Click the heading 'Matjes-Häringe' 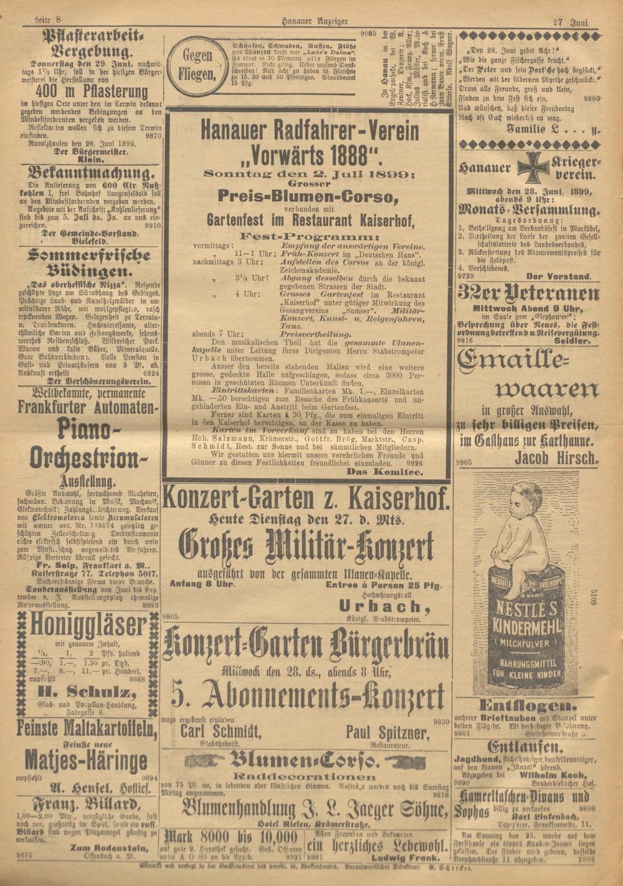[x=87, y=758]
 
